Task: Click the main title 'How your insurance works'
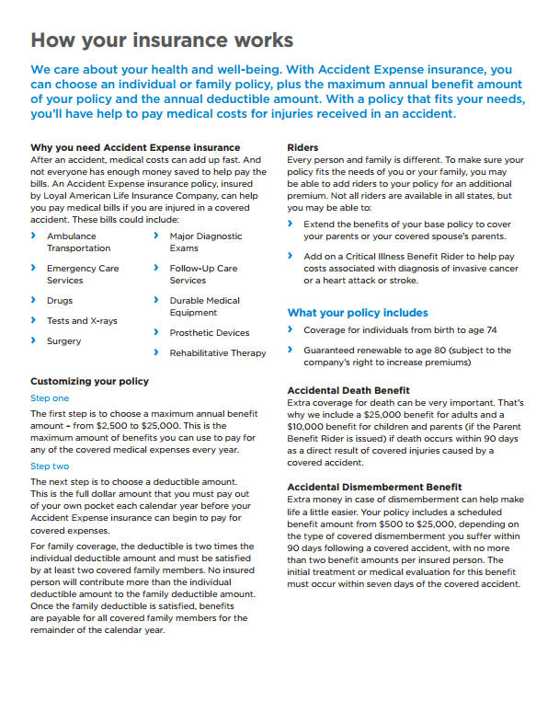click(162, 40)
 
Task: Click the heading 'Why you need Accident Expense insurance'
click(135, 147)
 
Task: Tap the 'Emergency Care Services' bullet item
click(83, 274)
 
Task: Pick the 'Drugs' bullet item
click(60, 301)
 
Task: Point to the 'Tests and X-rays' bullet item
click(82, 321)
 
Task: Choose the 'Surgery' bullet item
click(63, 341)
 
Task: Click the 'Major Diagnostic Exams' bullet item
click(206, 242)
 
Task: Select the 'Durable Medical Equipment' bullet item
click(204, 306)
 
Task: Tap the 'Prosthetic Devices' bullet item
click(209, 333)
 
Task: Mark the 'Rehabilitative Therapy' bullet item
click(217, 353)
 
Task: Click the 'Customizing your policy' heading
click(89, 382)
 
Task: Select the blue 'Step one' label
click(50, 398)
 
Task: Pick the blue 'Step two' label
click(50, 466)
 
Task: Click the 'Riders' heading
click(302, 147)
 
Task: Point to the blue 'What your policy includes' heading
click(358, 313)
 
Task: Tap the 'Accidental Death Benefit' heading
click(348, 391)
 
